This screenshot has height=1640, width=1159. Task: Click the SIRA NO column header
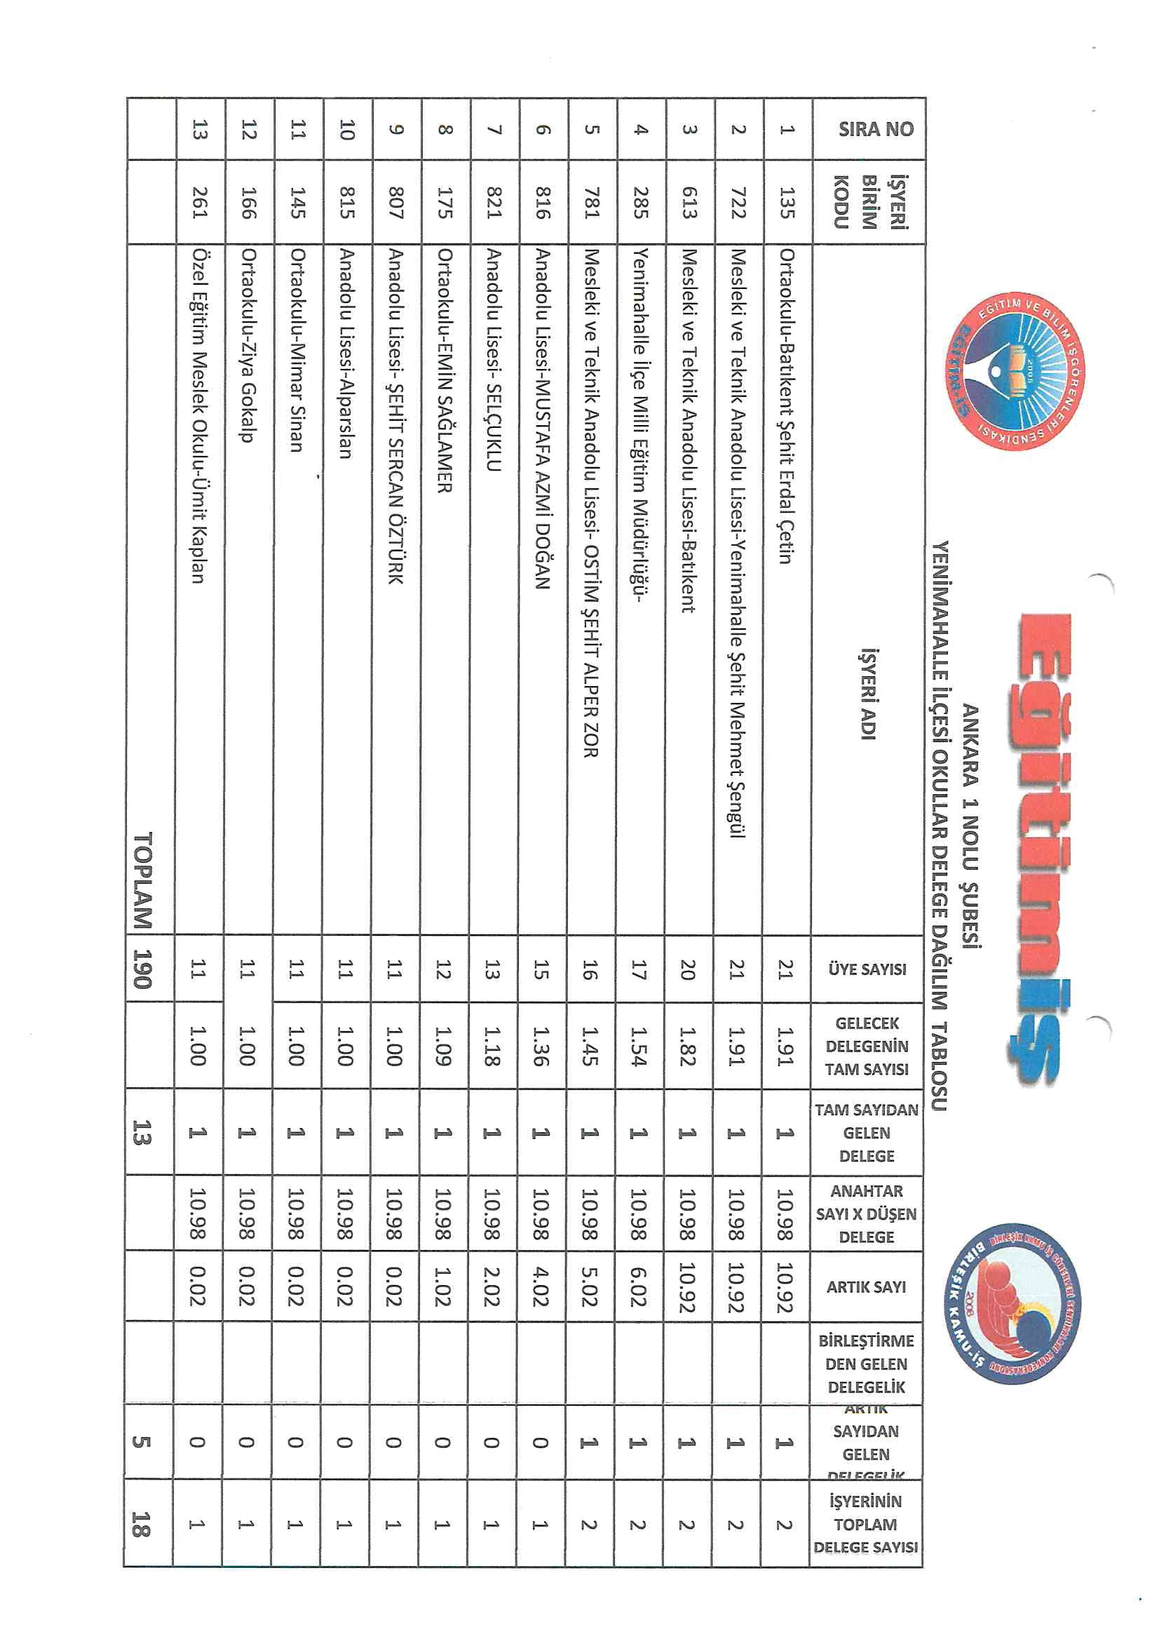pyautogui.click(x=876, y=128)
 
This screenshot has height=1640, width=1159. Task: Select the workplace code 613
pyautogui.click(x=689, y=202)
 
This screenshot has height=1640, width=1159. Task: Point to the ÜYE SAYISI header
pyautogui.click(x=867, y=969)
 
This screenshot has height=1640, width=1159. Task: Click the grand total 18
pyautogui.click(x=142, y=1523)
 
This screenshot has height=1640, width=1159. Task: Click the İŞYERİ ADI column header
pyautogui.click(x=868, y=693)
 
